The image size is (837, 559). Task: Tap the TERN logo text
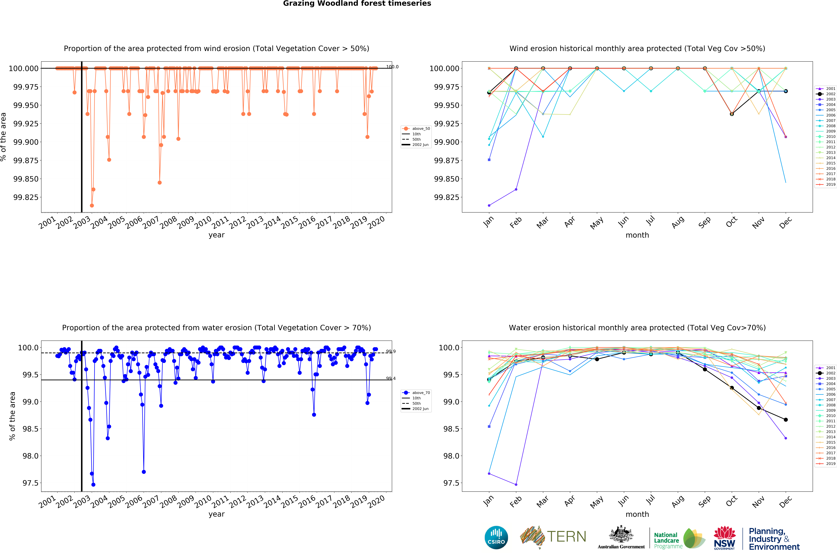[x=566, y=537]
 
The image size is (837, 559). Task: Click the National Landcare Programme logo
[x=679, y=538]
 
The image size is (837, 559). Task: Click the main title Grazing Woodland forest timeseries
[x=357, y=4]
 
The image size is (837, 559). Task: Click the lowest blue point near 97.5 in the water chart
[x=93, y=485]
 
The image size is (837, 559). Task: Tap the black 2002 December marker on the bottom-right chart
[x=786, y=420]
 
